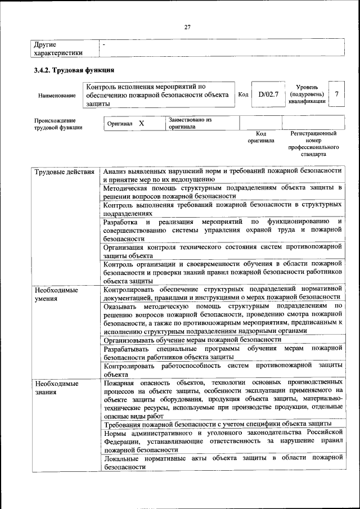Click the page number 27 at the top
pyautogui.click(x=188, y=25)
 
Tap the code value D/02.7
pyautogui.click(x=268, y=94)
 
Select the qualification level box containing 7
pyautogui.click(x=336, y=94)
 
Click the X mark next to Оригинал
pyautogui.click(x=142, y=123)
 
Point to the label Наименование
pyautogui.click(x=57, y=96)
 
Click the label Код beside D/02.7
pyautogui.click(x=243, y=94)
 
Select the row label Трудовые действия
pyautogui.click(x=64, y=170)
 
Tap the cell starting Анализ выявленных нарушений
pyautogui.click(x=222, y=174)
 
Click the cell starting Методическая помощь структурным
pyautogui.click(x=222, y=191)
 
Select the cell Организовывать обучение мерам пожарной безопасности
pyautogui.click(x=192, y=340)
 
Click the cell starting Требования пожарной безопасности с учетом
pyautogui.click(x=217, y=424)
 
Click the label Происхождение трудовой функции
pyautogui.click(x=55, y=124)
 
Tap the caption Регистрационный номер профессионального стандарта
pyautogui.click(x=313, y=143)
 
